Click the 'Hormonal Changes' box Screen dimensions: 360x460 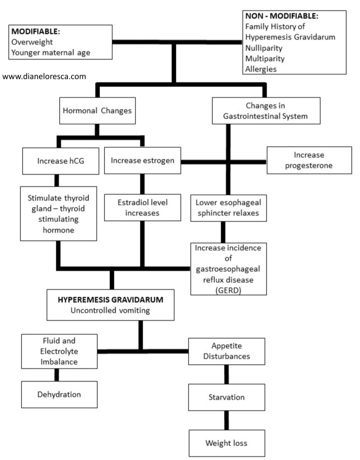point(97,111)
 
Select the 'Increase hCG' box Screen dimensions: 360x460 point(60,161)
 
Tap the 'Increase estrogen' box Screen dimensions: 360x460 point(142,160)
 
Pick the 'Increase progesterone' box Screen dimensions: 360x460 point(309,160)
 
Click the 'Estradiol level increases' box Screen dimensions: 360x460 point(142,207)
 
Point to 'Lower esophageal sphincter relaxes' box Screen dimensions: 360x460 point(228,208)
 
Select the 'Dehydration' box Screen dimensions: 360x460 point(59,394)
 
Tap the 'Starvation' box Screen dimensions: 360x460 point(226,397)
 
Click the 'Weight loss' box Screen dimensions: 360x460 point(227,443)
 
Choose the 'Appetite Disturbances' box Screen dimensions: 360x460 point(226,351)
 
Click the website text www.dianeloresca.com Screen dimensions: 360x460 point(44,76)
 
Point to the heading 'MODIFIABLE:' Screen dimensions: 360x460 point(35,31)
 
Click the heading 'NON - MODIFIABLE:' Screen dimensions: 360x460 point(282,16)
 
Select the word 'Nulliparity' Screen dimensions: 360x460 point(264,48)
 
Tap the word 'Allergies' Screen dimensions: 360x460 point(261,69)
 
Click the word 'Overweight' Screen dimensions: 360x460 point(32,42)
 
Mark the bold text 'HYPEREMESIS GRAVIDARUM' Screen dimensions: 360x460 point(111,300)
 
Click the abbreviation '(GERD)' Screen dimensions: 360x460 point(228,290)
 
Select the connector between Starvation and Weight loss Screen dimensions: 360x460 point(226,420)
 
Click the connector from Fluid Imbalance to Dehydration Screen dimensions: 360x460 point(57,375)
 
